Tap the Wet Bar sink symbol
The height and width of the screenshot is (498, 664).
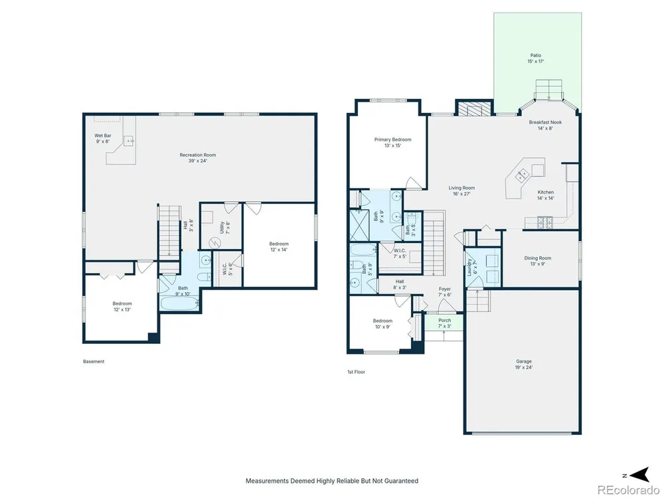point(129,140)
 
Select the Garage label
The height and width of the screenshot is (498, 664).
point(524,364)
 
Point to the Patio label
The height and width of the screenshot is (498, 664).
point(536,58)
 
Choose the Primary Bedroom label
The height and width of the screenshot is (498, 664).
point(392,142)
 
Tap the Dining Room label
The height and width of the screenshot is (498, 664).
point(537,261)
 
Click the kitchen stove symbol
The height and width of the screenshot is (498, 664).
point(545,222)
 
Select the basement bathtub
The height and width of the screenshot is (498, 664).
point(179,303)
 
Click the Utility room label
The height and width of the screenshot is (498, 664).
point(225,227)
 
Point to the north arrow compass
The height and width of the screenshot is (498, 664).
point(640,475)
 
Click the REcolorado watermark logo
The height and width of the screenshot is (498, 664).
point(628,489)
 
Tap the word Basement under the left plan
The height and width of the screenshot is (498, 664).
point(94,362)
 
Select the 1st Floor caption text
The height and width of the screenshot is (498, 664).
point(356,372)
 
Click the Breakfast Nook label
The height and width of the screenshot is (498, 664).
point(545,125)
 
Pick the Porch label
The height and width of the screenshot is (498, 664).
point(445,323)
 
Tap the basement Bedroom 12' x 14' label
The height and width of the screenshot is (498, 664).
point(279,246)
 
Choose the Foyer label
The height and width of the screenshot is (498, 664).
point(445,291)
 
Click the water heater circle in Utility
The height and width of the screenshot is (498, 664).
point(215,243)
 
